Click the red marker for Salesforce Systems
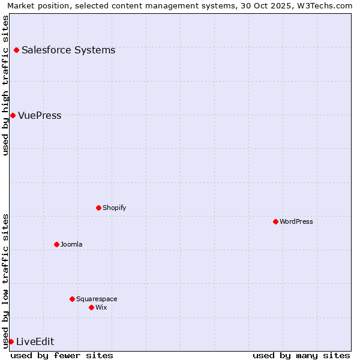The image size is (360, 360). tap(16, 50)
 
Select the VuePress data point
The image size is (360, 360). tap(13, 115)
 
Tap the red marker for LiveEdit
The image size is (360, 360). tap(11, 341)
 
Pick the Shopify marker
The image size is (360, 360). tap(98, 208)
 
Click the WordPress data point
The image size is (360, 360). tap(275, 221)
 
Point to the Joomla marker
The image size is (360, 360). tap(56, 244)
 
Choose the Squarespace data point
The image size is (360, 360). tap(72, 299)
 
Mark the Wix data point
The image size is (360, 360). tap(91, 307)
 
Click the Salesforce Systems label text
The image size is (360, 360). tap(68, 50)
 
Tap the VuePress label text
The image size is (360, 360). tap(40, 115)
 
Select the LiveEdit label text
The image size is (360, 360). tap(35, 341)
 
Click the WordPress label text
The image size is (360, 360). tap(296, 221)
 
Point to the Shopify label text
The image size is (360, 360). tap(114, 208)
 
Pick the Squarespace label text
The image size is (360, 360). tap(97, 299)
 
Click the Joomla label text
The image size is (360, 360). tap(71, 244)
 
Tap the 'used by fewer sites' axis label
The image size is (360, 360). tap(62, 355)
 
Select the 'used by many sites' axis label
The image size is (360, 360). tap(301, 355)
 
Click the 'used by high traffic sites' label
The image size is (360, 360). tap(5, 85)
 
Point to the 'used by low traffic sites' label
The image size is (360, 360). tap(5, 280)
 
